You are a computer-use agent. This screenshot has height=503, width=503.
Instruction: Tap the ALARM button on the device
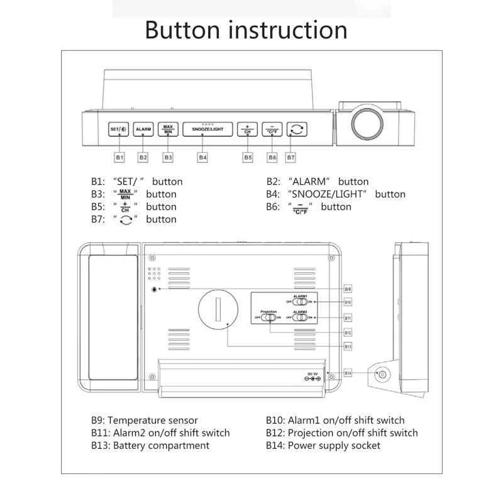pyautogui.click(x=143, y=129)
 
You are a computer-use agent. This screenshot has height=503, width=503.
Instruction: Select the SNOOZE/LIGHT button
pyautogui.click(x=204, y=129)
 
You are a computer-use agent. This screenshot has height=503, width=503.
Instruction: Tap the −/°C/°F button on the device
pyautogui.click(x=272, y=129)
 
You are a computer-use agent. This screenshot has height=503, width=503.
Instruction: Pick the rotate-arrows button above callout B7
pyautogui.click(x=297, y=129)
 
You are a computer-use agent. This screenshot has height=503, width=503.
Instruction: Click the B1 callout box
pyautogui.click(x=119, y=157)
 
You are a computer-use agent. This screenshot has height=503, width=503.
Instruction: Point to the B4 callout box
pyautogui.click(x=202, y=157)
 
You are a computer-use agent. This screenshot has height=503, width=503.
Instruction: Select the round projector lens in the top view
pyautogui.click(x=367, y=122)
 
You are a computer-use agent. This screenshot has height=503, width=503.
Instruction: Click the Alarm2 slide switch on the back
pyautogui.click(x=300, y=318)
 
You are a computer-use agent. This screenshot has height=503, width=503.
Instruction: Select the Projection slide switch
pyautogui.click(x=268, y=318)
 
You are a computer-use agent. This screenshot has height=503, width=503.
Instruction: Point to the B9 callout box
pyautogui.click(x=348, y=289)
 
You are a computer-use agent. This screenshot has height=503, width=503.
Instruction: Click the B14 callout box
pyautogui.click(x=348, y=373)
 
